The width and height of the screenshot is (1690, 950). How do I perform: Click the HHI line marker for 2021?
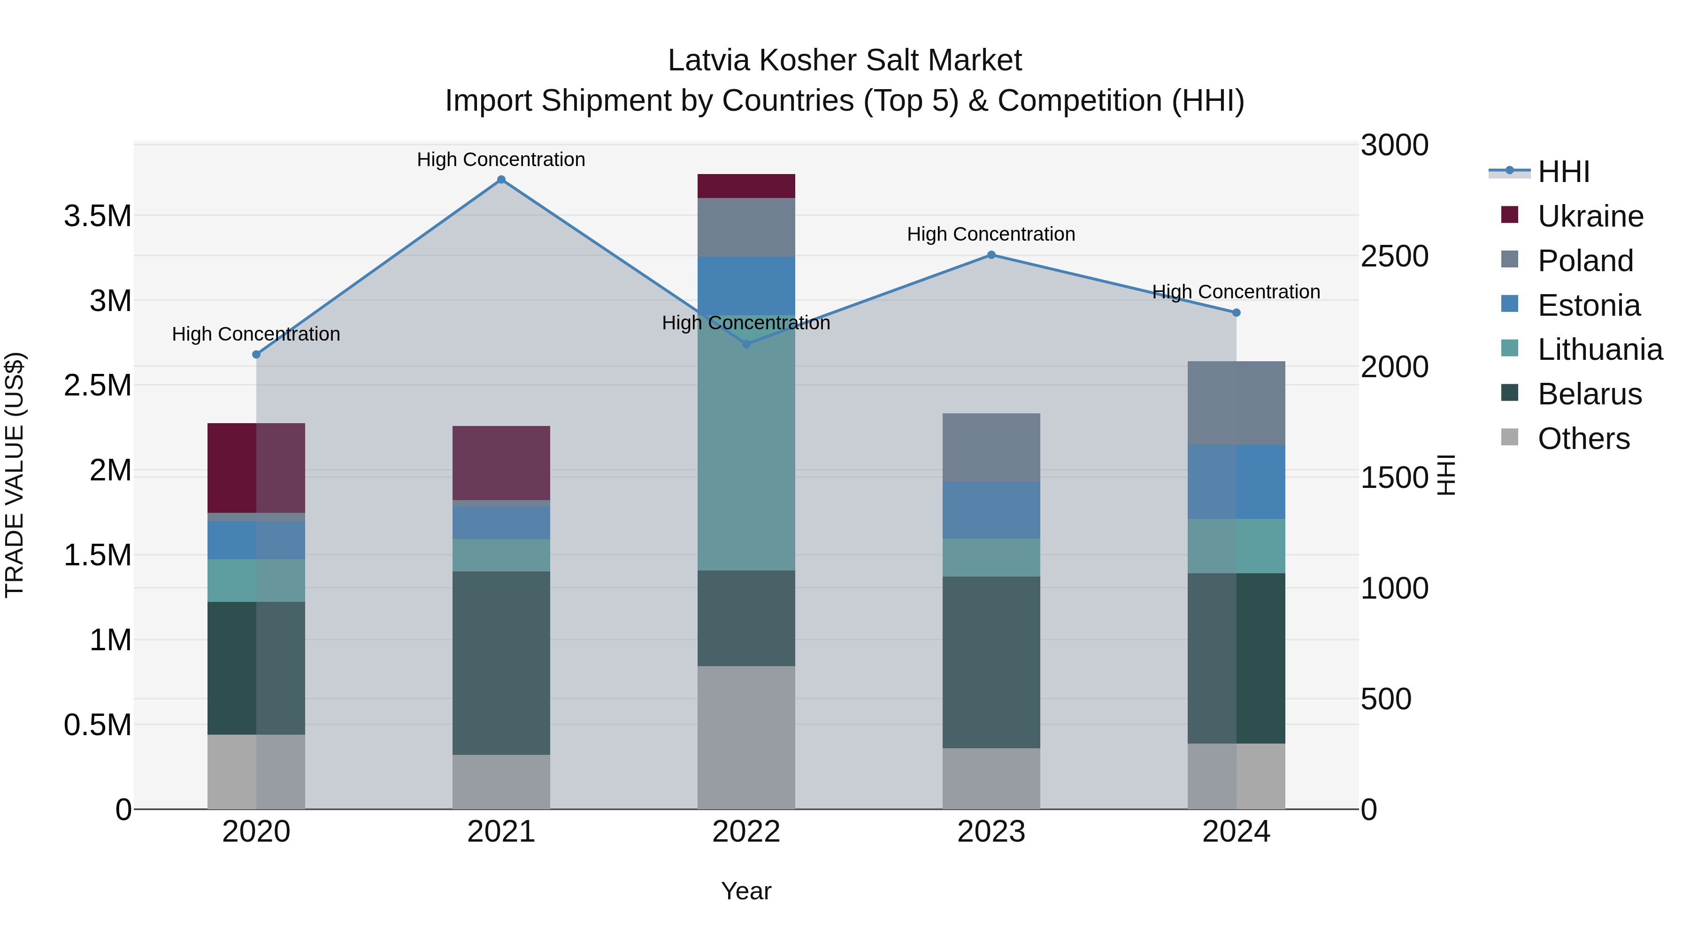click(501, 180)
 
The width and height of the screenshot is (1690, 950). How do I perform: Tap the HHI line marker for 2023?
click(991, 255)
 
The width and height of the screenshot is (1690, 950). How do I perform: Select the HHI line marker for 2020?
click(256, 355)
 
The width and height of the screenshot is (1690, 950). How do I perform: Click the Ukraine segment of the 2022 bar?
click(746, 186)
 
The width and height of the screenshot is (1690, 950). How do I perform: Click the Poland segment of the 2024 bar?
click(1236, 403)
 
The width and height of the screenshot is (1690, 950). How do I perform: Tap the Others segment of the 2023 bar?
click(991, 778)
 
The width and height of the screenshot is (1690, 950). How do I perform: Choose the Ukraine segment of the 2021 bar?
click(501, 463)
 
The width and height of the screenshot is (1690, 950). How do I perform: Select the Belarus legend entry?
click(1589, 395)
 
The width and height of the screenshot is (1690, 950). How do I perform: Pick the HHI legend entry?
click(1563, 172)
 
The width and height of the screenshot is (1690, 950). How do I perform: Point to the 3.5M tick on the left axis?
click(98, 216)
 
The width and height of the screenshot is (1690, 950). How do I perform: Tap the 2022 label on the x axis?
click(746, 832)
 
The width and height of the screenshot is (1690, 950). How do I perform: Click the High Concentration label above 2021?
click(501, 160)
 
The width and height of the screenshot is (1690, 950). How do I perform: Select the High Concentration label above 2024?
click(1236, 292)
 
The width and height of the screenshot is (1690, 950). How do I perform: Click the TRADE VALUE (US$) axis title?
click(15, 475)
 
